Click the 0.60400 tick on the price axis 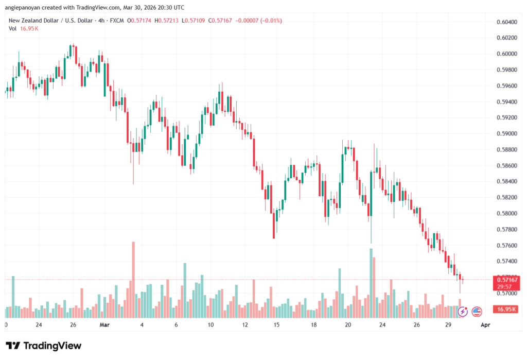[506, 22]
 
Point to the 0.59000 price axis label [506, 133]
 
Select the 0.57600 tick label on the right [506, 245]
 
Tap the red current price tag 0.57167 [506, 279]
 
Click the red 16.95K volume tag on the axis [505, 309]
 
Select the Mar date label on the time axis [105, 325]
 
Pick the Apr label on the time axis [485, 325]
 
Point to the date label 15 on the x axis [276, 325]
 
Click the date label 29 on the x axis [448, 325]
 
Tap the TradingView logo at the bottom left [43, 346]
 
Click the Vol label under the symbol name [13, 28]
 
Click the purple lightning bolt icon [463, 311]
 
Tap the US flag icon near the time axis [476, 311]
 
